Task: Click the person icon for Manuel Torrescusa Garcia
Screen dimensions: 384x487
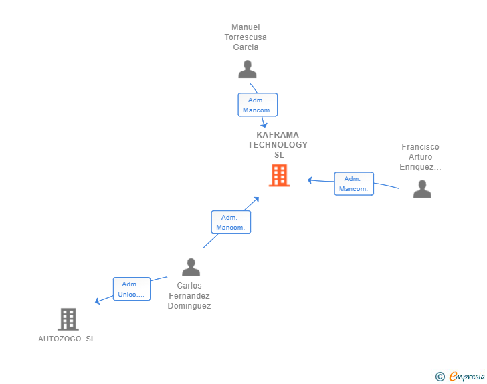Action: click(248, 69)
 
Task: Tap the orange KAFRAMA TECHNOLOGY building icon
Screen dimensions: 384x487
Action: click(279, 176)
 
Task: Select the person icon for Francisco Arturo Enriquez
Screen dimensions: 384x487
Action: click(422, 190)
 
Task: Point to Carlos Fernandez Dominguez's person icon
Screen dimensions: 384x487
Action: click(191, 268)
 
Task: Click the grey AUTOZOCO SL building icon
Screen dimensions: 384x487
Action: click(68, 319)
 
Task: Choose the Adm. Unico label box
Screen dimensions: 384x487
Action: click(131, 289)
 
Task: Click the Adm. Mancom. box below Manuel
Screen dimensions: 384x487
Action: click(258, 105)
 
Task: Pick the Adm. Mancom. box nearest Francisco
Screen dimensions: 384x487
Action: click(354, 184)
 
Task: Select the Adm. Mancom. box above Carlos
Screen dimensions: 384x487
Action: click(231, 222)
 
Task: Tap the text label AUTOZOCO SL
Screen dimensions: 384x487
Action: click(67, 339)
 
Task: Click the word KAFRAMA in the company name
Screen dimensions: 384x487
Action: click(278, 134)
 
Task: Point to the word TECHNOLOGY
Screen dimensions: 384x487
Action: click(278, 144)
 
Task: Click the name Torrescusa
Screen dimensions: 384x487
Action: click(246, 37)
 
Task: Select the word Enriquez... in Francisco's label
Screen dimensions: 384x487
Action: click(420, 167)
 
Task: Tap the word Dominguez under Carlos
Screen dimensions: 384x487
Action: click(189, 306)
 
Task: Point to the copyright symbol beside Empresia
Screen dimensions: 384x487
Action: click(440, 377)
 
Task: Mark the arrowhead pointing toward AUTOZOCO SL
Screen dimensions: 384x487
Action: click(98, 301)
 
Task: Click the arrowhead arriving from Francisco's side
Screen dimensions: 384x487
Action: click(310, 180)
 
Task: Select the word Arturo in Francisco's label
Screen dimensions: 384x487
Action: click(420, 157)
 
